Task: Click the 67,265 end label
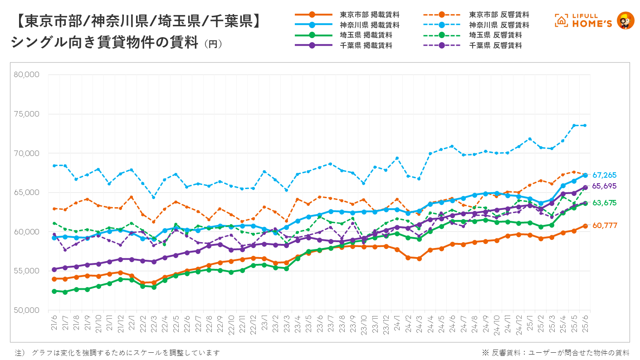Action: click(x=605, y=175)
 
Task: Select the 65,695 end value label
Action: click(x=605, y=186)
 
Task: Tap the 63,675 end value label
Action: click(x=605, y=203)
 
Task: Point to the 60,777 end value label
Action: click(x=605, y=225)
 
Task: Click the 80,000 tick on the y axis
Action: click(x=27, y=74)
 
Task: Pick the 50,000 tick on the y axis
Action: click(x=27, y=311)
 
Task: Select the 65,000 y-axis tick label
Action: click(x=27, y=193)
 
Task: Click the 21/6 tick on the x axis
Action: click(x=54, y=325)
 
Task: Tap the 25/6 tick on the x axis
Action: click(x=585, y=325)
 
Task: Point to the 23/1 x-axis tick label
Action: click(x=264, y=325)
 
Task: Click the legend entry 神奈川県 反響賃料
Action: click(x=499, y=25)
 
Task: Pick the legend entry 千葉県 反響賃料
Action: click(x=495, y=45)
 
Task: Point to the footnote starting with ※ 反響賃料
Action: click(x=556, y=353)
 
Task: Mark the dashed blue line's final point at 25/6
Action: click(x=585, y=125)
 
